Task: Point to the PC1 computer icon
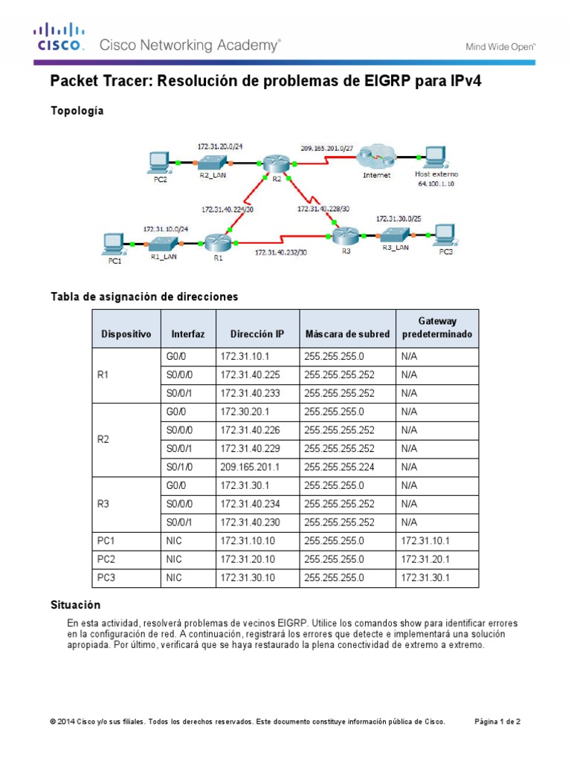(x=113, y=243)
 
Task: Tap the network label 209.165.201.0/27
(x=326, y=147)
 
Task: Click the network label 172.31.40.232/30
(x=280, y=253)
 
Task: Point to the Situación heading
(x=75, y=606)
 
